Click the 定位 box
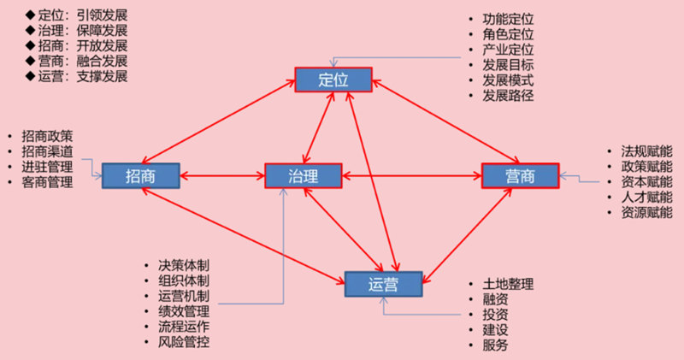pyautogui.click(x=334, y=80)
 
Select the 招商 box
pyautogui.click(x=140, y=175)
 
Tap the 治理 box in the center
pyautogui.click(x=304, y=175)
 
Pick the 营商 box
pyautogui.click(x=520, y=175)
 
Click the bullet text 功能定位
pyautogui.click(x=509, y=18)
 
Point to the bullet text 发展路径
pyautogui.click(x=509, y=95)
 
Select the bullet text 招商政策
pyautogui.click(x=48, y=135)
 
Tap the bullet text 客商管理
pyautogui.click(x=48, y=181)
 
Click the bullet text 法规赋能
pyautogui.click(x=647, y=150)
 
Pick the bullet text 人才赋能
pyautogui.click(x=647, y=197)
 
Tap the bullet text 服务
pyautogui.click(x=495, y=345)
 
